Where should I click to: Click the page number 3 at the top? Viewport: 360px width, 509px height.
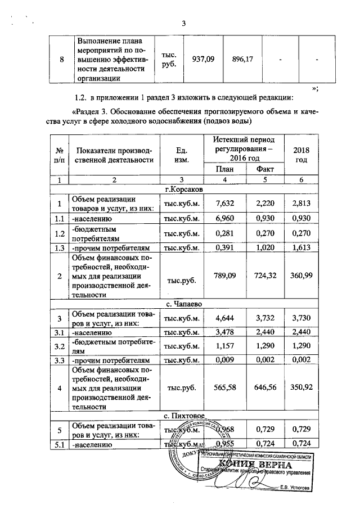coord(183,23)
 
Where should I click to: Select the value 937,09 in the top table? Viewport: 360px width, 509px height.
coord(203,59)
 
